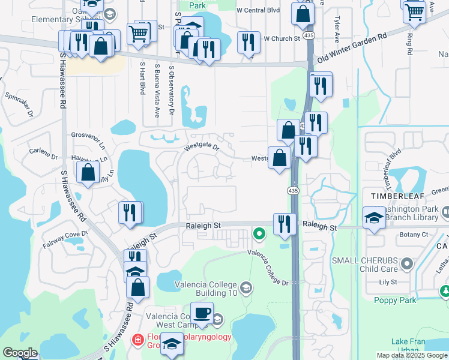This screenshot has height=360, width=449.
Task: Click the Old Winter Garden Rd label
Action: pyautogui.click(x=352, y=47)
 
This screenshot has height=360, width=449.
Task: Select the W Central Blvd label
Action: pyautogui.click(x=259, y=10)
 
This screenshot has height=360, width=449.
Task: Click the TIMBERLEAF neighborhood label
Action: pyautogui.click(x=385, y=196)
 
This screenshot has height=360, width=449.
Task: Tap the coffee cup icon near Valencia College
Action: pyautogui.click(x=201, y=313)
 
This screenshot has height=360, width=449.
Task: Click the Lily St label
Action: pyautogui.click(x=388, y=281)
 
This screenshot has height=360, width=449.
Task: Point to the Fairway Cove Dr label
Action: pyautogui.click(x=65, y=239)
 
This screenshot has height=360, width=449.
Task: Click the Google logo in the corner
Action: pyautogui.click(x=20, y=353)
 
